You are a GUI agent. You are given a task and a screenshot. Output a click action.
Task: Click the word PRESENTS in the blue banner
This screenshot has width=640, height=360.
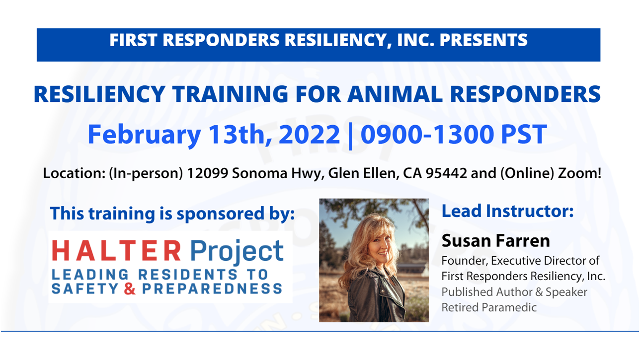point(483,40)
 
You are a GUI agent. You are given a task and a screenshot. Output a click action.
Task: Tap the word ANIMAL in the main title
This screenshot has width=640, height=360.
point(395,94)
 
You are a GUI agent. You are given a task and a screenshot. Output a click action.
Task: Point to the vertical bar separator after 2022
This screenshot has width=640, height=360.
point(351,136)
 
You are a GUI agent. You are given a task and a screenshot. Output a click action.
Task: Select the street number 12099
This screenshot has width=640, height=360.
point(207,173)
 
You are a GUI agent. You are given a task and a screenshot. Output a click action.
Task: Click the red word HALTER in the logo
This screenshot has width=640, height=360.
point(117,250)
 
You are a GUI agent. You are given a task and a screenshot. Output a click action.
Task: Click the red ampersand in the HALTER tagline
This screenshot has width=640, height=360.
point(130,288)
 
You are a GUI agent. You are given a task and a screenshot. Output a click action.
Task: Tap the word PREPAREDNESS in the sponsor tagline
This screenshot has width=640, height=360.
point(212,288)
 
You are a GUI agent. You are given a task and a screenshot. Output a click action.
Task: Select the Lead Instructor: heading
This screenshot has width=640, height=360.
point(507,211)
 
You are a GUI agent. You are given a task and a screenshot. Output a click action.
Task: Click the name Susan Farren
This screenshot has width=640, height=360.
point(496,240)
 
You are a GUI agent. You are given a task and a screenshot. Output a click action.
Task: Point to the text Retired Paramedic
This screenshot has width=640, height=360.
point(489,307)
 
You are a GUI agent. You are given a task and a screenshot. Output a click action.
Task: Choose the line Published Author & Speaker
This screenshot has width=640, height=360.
point(514,292)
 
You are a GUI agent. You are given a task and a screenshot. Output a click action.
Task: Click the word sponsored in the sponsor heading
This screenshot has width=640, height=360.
point(220,214)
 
